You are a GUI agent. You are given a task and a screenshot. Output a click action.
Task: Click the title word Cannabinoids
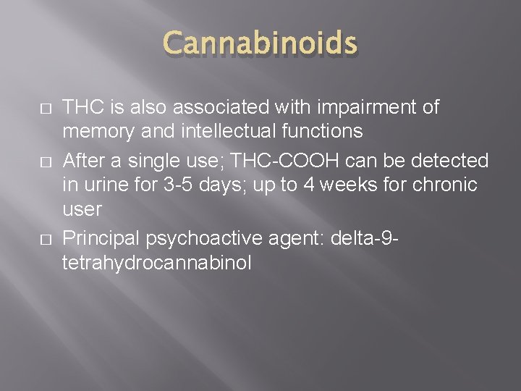(x=260, y=46)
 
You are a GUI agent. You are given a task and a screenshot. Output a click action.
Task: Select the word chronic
(x=444, y=185)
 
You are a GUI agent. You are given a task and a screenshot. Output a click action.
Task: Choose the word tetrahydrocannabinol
(x=157, y=261)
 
